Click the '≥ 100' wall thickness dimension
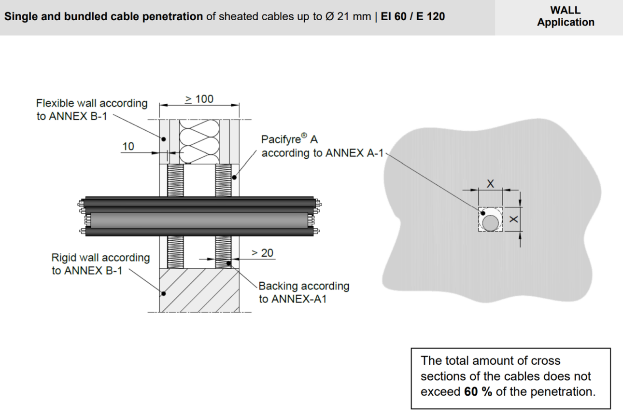(x=199, y=99)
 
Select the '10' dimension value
(x=128, y=146)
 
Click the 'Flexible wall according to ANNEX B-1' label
(x=92, y=110)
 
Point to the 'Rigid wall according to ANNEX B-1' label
(x=100, y=264)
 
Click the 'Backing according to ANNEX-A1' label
(x=304, y=292)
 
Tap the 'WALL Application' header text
(x=566, y=16)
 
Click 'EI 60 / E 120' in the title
(x=413, y=16)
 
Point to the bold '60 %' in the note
(x=478, y=392)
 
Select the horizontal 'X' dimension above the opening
(x=490, y=183)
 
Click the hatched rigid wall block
(x=199, y=290)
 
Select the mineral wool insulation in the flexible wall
(x=199, y=141)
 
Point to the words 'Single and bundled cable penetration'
(x=103, y=16)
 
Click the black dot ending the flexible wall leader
(x=164, y=139)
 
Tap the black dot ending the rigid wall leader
(x=164, y=293)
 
